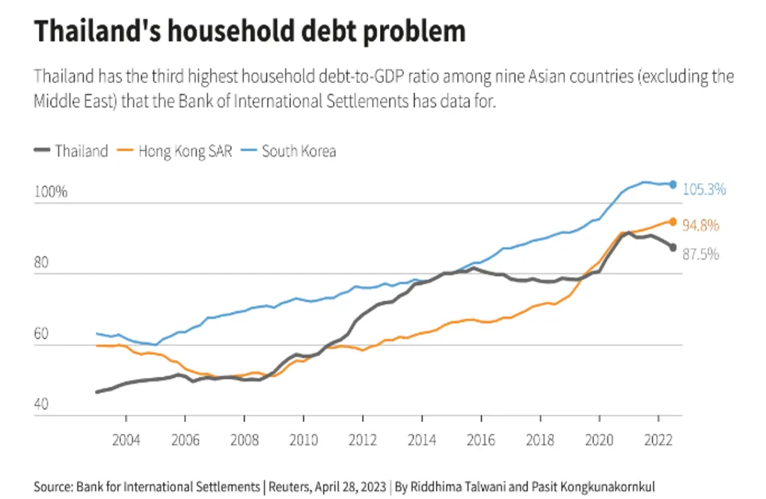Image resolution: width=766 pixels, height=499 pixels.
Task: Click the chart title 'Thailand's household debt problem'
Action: point(250,31)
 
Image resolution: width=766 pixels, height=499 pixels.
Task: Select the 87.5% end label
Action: point(701,254)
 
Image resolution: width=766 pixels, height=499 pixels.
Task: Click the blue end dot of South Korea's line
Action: point(673,184)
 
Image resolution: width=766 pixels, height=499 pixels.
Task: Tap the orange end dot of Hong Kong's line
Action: point(673,221)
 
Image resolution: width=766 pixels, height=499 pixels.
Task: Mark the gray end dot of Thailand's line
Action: point(673,248)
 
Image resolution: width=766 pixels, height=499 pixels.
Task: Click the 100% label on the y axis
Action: point(51,192)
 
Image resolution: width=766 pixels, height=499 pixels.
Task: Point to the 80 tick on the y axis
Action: point(42,263)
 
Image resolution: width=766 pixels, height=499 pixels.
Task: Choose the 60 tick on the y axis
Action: point(42,334)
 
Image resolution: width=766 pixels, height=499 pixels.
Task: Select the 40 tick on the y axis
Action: point(42,405)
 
